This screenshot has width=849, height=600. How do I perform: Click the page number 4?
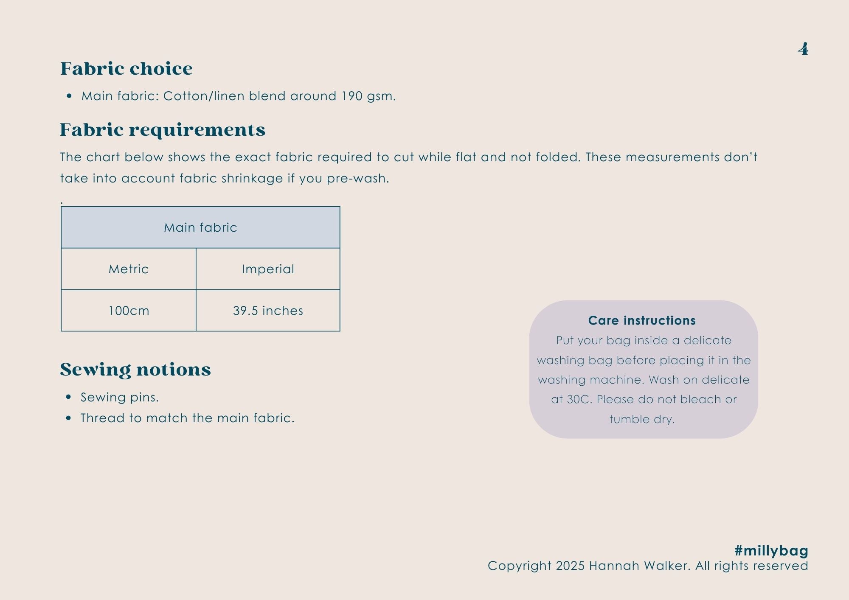(x=803, y=49)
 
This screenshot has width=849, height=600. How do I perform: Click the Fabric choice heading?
(x=126, y=69)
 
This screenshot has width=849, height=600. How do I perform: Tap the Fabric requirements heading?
(x=162, y=130)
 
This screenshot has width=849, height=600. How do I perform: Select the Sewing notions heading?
(x=135, y=370)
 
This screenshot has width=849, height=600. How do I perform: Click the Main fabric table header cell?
(x=200, y=228)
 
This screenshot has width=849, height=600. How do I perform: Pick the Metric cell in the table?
(x=129, y=269)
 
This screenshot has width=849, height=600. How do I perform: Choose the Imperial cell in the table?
(x=268, y=269)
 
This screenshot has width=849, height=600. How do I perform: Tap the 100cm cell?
(x=129, y=311)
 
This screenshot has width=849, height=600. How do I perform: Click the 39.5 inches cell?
(x=268, y=311)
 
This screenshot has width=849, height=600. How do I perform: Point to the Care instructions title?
(x=642, y=320)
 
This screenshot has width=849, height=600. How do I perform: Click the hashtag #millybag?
(x=771, y=551)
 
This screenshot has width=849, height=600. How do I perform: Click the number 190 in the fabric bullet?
(x=351, y=96)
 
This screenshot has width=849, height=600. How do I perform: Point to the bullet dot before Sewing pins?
(x=69, y=397)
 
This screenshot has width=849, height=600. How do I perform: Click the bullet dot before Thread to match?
(x=69, y=418)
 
